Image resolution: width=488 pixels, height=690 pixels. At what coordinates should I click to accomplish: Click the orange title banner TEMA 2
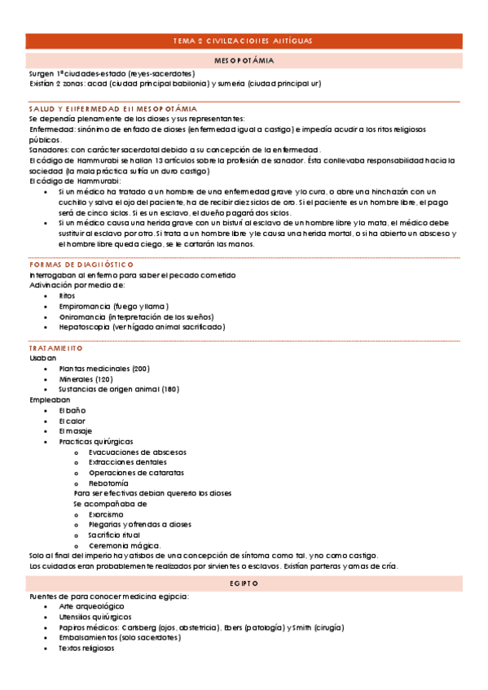coord(244,41)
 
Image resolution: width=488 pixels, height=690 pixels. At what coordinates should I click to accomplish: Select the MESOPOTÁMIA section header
coord(244,61)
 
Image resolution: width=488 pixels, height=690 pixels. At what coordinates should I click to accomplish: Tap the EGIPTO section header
coord(244,583)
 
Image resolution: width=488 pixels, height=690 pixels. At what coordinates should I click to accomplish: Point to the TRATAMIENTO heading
coord(55,347)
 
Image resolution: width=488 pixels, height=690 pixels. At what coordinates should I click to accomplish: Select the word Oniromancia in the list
coord(85,317)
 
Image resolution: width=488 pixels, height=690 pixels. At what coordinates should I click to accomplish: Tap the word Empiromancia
coord(87,306)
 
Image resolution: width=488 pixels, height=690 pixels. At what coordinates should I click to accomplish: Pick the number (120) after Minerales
coord(104,379)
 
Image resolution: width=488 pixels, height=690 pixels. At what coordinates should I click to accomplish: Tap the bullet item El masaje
coord(75,430)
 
